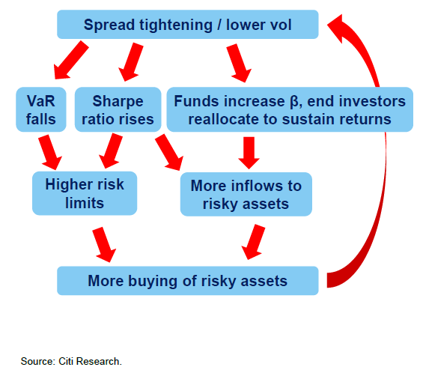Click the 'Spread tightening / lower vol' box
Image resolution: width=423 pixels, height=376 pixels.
coord(188,25)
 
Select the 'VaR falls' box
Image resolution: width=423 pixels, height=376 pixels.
coord(41,109)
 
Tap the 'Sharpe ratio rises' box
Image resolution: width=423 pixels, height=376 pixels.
coord(118,109)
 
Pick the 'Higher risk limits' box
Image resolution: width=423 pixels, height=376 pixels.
coord(85,193)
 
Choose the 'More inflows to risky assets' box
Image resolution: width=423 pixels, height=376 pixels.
coord(246,194)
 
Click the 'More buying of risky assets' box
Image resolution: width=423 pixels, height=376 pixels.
coord(188,281)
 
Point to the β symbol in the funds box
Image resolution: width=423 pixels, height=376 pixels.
coord(294,102)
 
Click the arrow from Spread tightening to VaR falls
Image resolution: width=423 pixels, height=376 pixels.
coord(70,61)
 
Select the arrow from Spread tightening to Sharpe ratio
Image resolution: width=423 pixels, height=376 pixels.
coord(131,62)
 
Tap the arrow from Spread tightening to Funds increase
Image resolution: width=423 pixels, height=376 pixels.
coord(239,63)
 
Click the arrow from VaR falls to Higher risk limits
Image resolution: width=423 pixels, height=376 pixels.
coord(50,152)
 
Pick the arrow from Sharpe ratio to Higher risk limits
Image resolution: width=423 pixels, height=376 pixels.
coord(111,151)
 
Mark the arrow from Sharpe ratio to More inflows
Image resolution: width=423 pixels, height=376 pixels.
coord(169,152)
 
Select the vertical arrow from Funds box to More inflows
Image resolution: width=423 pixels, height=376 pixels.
coord(249,153)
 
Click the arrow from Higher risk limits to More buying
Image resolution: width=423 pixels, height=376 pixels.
coord(104,244)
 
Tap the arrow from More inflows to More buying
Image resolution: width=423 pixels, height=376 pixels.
coord(253,242)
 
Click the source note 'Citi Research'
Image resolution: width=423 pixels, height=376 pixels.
coord(90,361)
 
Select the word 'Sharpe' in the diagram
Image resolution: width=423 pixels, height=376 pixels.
coord(118,102)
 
